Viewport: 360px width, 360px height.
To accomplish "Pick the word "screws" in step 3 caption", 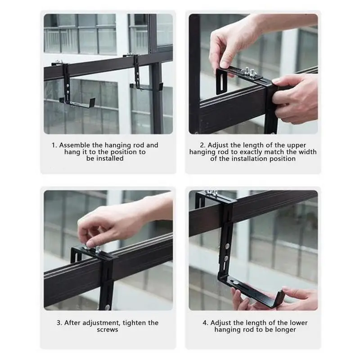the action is (x=108, y=330).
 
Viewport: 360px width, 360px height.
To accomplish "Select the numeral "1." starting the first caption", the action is (x=54, y=145).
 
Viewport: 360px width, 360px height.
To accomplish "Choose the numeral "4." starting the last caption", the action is (x=205, y=323).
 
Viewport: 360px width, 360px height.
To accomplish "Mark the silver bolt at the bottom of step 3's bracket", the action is (x=107, y=307).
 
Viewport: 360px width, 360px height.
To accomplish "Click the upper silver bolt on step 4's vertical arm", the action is (x=227, y=247).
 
